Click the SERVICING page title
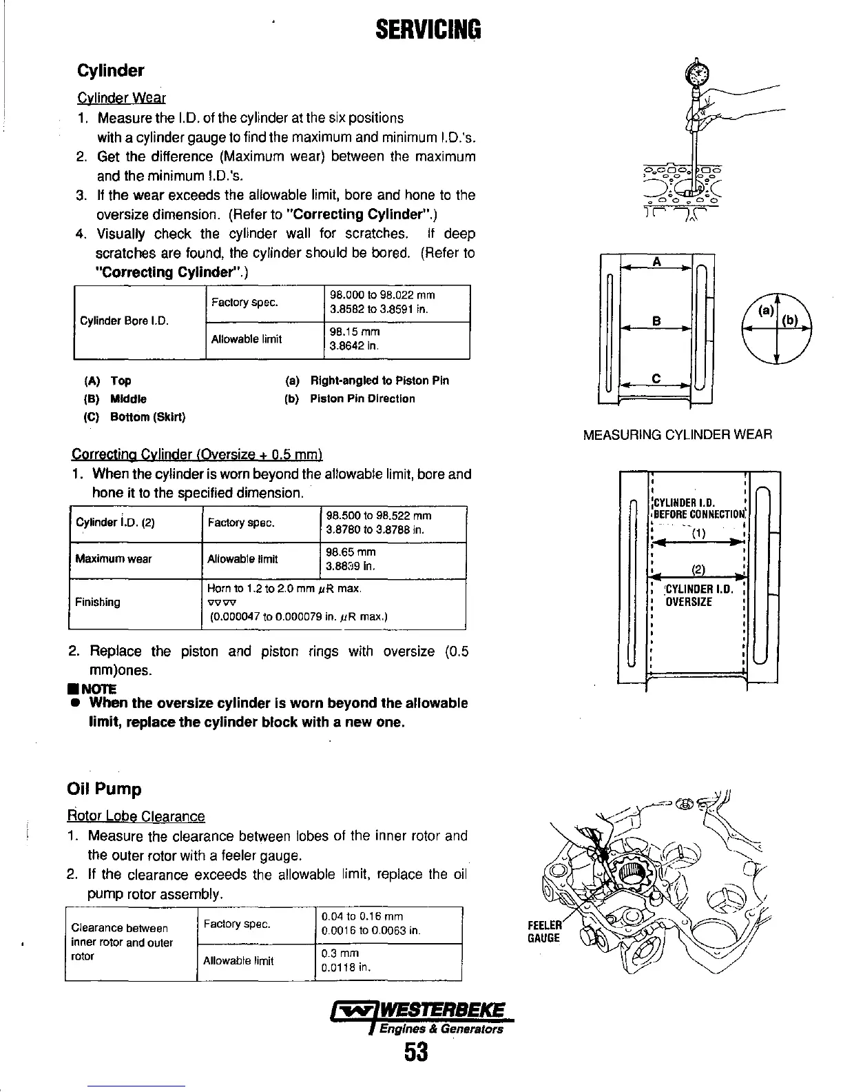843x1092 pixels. [x=428, y=30]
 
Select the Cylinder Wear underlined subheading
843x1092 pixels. [x=121, y=99]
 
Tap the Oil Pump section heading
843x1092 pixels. [x=104, y=789]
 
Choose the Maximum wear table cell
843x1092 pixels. [x=114, y=558]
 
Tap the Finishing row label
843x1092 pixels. [x=97, y=602]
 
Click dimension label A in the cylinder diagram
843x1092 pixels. [x=656, y=262]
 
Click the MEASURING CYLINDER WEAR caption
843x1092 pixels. [x=677, y=435]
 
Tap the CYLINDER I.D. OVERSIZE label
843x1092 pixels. [x=694, y=596]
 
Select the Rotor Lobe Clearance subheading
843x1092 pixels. [x=136, y=817]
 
